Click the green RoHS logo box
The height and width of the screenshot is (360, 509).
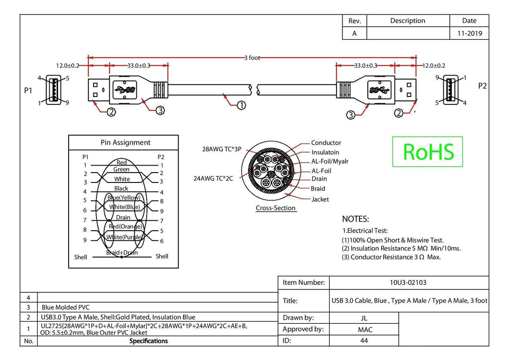(427, 152)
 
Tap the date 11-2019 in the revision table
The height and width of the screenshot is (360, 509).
(469, 33)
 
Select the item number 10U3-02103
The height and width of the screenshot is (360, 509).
(408, 282)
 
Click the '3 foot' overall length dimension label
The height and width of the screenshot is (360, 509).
(252, 58)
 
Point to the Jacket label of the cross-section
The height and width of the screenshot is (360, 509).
(320, 199)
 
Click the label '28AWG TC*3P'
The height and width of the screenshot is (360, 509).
(222, 149)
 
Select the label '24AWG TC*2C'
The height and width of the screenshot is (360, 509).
(213, 178)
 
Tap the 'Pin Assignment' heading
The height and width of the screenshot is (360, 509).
(125, 143)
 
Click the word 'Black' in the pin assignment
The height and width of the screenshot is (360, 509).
(121, 188)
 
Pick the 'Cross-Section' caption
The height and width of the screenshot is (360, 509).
(275, 208)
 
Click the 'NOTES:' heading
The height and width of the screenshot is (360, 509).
(355, 219)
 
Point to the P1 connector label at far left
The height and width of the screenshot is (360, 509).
(28, 90)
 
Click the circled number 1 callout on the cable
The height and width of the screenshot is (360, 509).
(241, 105)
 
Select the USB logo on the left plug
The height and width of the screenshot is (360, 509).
(125, 89)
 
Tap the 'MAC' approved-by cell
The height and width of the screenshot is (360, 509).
(365, 330)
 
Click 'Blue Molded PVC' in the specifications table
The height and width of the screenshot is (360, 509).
(66, 307)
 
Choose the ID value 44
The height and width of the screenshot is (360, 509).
(364, 341)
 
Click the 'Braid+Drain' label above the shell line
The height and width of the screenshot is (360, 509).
(122, 253)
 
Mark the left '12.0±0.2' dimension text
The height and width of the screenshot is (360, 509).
(68, 66)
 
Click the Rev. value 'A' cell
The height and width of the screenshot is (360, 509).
(354, 33)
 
